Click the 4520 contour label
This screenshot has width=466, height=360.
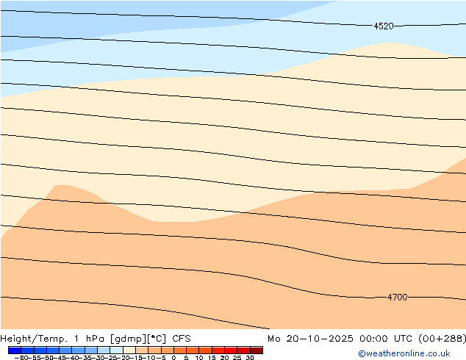[x=384, y=26]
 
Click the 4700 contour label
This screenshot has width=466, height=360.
[x=397, y=298]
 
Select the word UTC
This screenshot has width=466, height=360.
[x=403, y=339]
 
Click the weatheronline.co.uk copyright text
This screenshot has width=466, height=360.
[x=404, y=354]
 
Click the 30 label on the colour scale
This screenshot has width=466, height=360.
[x=250, y=358]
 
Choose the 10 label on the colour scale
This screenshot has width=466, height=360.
[x=199, y=358]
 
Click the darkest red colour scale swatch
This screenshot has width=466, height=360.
[x=256, y=350]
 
